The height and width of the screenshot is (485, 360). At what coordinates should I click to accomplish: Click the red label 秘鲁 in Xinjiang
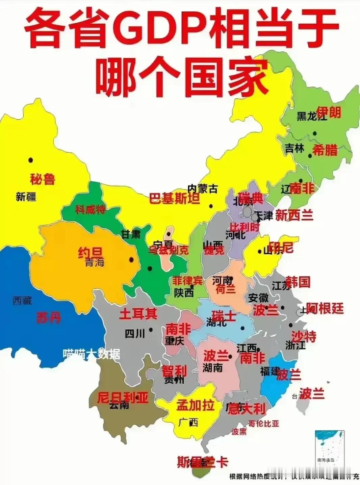pos(43,179)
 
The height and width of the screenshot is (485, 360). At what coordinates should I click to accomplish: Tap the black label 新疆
pos(26,197)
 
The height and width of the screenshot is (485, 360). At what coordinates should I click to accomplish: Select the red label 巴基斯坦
pos(175,199)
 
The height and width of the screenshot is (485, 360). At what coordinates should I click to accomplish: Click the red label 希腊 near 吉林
pos(325,150)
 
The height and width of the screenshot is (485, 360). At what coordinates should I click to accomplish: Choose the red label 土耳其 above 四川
pos(138,314)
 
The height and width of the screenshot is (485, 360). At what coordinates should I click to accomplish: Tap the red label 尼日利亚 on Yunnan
pos(123,398)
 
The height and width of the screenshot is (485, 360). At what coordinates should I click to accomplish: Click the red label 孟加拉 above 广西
pos(196,405)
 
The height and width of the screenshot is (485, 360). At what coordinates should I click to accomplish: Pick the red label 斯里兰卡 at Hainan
pos(203,462)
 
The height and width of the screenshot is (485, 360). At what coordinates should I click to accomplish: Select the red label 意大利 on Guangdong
pos(247,409)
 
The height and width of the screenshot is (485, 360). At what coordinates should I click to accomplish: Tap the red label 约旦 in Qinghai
pos(90,252)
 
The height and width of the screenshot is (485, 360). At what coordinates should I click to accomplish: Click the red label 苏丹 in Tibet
pos(49,317)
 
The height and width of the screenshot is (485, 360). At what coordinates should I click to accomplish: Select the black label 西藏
pos(23,300)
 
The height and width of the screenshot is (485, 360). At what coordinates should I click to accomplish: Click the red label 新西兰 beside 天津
pos(294,215)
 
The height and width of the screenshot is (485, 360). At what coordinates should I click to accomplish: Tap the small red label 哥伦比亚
pos(263,423)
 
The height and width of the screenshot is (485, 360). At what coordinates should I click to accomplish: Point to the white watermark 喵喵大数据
pos(91,354)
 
